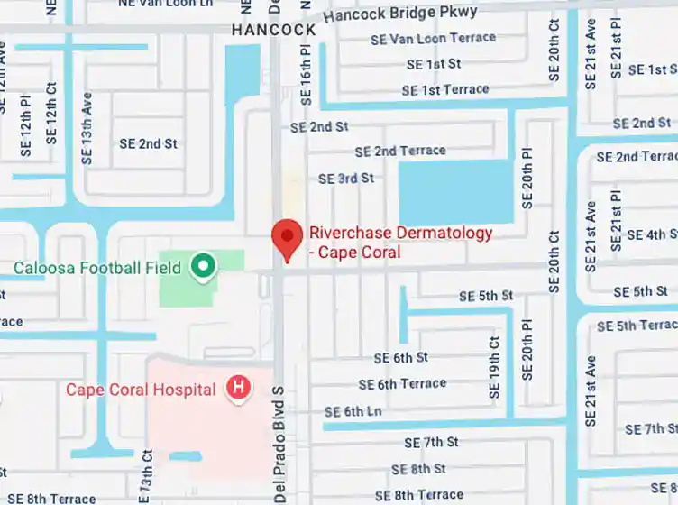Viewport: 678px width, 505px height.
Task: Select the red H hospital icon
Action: [x=238, y=389]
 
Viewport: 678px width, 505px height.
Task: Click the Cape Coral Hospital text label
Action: [x=141, y=390]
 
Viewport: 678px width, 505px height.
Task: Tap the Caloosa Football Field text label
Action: [x=97, y=268]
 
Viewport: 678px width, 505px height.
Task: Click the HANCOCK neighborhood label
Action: [x=273, y=30]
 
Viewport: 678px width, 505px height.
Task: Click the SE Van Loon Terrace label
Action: [x=433, y=39]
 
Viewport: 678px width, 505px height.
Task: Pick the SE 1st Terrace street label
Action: [x=444, y=90]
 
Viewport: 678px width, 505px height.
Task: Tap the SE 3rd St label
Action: [x=345, y=179]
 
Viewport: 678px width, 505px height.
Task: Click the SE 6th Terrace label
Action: [x=401, y=384]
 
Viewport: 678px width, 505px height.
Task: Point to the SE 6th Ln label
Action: [x=353, y=411]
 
